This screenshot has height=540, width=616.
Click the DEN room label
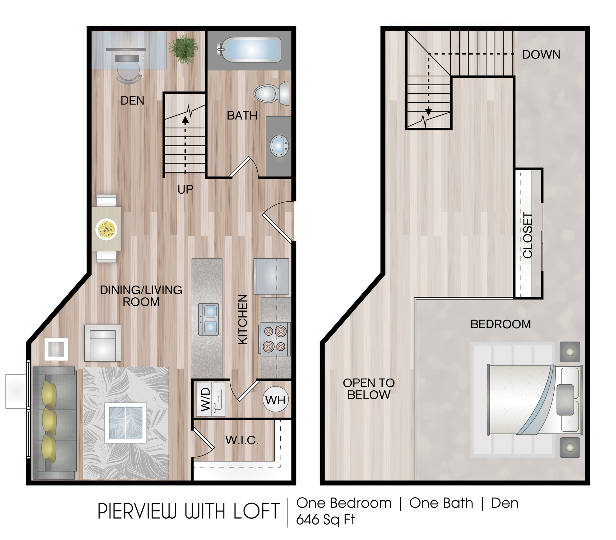pos(132,101)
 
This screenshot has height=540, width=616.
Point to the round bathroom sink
pos(279,146)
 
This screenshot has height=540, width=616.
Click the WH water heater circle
pos(275,400)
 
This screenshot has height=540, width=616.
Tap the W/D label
pos(206,399)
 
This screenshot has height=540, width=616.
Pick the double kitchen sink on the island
pos(208,319)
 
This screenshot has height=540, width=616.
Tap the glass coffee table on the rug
pos(126,423)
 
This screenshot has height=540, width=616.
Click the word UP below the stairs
pos(185,189)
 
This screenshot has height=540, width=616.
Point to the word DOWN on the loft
pos(541,55)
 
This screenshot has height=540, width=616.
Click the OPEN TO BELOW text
pos(369,389)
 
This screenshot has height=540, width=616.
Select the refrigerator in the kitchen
pos(272,276)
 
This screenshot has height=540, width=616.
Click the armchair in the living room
pos(102,343)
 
